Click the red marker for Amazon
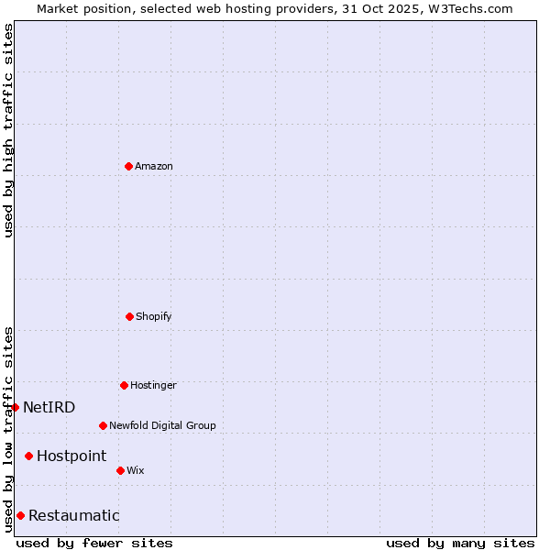click(129, 166)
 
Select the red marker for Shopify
click(129, 316)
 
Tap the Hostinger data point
click(125, 385)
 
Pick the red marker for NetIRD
click(16, 407)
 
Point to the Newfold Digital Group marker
click(103, 425)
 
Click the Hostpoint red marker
click(29, 456)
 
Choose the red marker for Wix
click(120, 470)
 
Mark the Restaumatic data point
click(21, 515)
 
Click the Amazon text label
click(154, 166)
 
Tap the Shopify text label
click(153, 316)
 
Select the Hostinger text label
click(153, 385)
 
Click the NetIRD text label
click(49, 407)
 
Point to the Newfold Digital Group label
click(162, 425)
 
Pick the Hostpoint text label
click(71, 456)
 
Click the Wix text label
click(136, 470)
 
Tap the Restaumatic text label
click(74, 515)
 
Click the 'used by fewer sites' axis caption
click(94, 543)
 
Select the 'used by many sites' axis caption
click(460, 543)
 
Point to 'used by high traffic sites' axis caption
click(8, 130)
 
